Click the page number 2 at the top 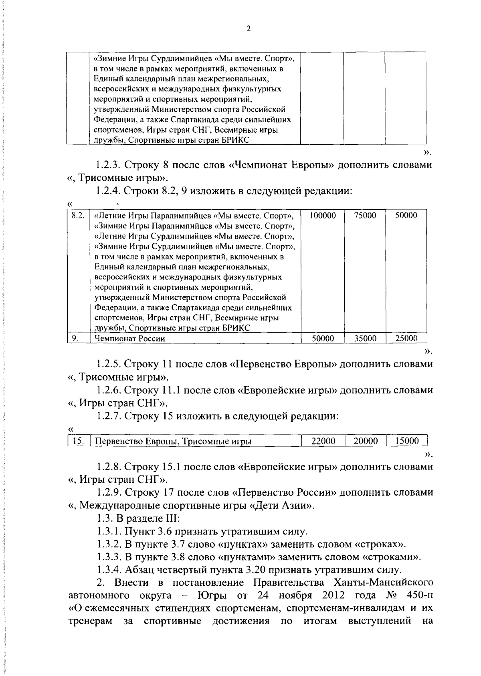click(x=248, y=29)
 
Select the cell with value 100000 click(x=323, y=216)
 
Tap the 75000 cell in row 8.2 click(x=365, y=216)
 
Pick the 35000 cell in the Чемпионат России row click(x=365, y=338)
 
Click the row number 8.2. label click(x=78, y=216)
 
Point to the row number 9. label click(x=75, y=338)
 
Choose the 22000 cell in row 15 click(x=323, y=441)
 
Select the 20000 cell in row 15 click(x=366, y=441)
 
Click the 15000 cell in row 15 click(x=406, y=441)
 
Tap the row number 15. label click(x=78, y=441)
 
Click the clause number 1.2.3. click(x=108, y=165)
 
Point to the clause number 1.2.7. click(x=108, y=416)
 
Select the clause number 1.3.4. click(x=108, y=570)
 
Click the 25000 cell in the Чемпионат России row click(x=406, y=338)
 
